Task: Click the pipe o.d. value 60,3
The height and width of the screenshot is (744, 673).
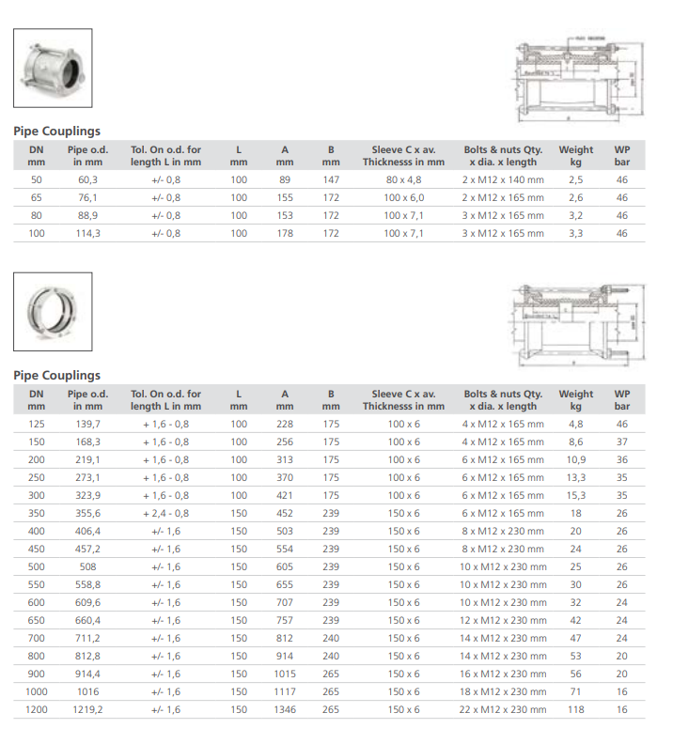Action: click(87, 179)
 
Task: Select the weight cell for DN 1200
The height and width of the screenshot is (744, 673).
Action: click(575, 710)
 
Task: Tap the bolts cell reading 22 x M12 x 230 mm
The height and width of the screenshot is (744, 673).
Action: click(503, 710)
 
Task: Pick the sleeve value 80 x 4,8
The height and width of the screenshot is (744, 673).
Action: click(403, 179)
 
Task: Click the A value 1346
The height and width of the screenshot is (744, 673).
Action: click(285, 710)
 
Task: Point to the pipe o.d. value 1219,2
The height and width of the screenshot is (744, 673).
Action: click(87, 710)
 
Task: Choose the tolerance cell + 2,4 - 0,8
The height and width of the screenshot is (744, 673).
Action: click(165, 514)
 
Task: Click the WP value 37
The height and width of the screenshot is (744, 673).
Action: click(621, 442)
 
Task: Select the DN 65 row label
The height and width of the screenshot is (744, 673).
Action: click(37, 198)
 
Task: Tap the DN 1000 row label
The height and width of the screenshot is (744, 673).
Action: click(37, 692)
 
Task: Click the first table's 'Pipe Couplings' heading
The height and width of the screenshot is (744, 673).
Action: click(56, 132)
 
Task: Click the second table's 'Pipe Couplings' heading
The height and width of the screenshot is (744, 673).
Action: click(56, 376)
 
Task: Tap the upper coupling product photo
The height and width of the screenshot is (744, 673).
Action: click(53, 70)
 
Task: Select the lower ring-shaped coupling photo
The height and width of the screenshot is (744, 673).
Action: click(53, 311)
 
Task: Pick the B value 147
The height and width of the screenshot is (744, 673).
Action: click(331, 179)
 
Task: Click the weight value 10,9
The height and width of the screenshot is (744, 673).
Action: click(575, 460)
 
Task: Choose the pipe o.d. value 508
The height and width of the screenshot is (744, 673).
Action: click(87, 567)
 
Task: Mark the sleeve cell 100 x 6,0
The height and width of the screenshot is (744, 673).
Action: click(403, 198)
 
